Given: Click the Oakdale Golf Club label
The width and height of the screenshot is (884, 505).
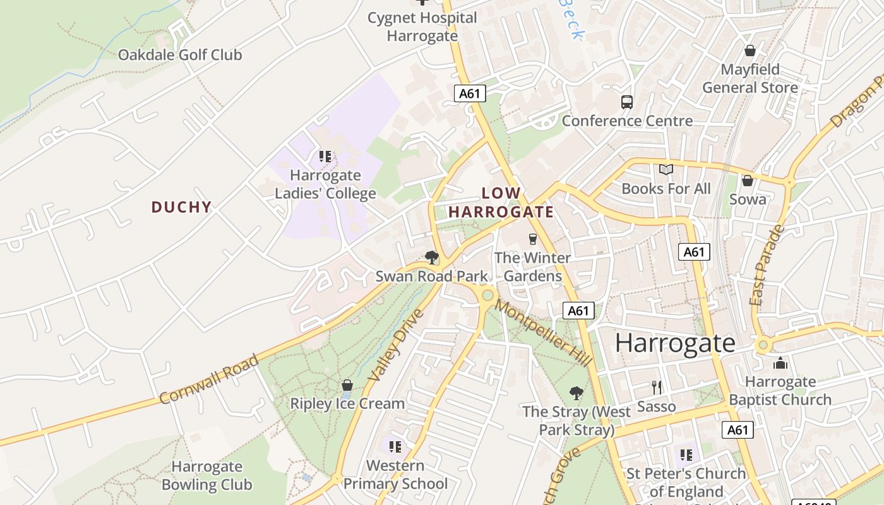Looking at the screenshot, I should tap(180, 55).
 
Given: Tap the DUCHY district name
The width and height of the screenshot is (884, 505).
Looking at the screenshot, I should tap(181, 207).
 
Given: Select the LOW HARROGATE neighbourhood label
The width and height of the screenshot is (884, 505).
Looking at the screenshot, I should tap(501, 203).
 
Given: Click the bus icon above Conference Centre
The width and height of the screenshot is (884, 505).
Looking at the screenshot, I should tap(627, 102).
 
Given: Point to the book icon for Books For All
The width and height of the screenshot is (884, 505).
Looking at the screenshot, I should tap(666, 170).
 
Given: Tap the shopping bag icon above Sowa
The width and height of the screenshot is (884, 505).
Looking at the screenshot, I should tap(748, 181).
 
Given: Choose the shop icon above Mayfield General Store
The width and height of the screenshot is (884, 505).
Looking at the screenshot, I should tap(750, 50).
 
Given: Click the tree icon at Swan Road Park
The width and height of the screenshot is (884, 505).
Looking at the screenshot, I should tap(432, 257).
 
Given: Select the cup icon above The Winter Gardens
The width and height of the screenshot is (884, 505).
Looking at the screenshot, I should tap(532, 239).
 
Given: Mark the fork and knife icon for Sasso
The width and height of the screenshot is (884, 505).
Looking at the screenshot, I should tap(657, 387).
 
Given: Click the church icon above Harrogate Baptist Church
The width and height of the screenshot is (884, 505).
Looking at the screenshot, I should tap(780, 363).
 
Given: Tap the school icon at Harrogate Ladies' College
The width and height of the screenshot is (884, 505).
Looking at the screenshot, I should tap(325, 156).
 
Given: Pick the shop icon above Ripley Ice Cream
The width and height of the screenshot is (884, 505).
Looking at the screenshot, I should tap(347, 384).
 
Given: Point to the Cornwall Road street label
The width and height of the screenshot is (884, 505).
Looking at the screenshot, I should tap(208, 379).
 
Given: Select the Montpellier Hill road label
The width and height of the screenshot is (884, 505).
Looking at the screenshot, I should tap(544, 333).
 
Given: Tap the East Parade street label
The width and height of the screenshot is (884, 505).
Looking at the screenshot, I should tap(765, 266).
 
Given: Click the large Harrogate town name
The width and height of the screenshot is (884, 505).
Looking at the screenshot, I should tap(675, 343).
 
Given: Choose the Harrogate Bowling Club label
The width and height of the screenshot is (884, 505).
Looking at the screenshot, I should tap(206, 476).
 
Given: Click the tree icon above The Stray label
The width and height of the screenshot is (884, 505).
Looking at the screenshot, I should tap(576, 393).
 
